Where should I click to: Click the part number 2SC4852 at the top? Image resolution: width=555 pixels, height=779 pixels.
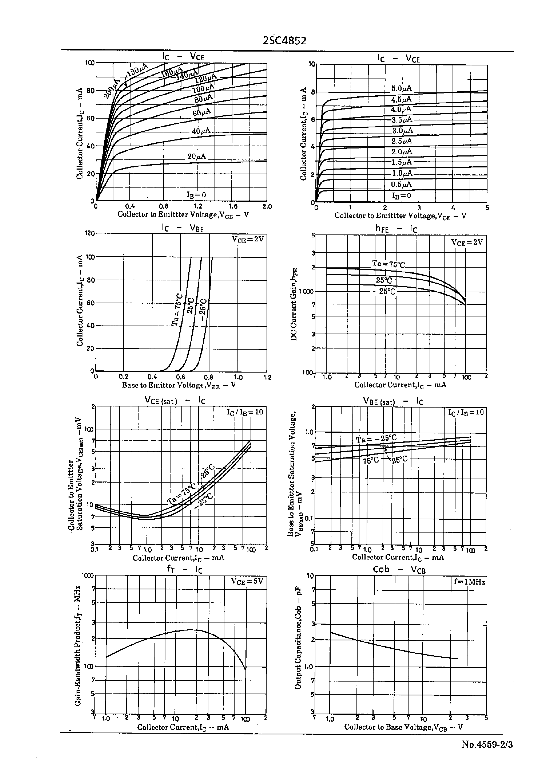pos(284,41)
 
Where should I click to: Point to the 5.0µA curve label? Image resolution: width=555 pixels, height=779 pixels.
pos(402,88)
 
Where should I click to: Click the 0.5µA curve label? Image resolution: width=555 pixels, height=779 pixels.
pos(402,184)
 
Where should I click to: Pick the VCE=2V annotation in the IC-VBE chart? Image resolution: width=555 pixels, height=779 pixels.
pos(248,239)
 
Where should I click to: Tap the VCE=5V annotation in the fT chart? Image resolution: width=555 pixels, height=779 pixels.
pos(247,581)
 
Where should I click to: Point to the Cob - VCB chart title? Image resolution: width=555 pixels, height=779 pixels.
pos(399,569)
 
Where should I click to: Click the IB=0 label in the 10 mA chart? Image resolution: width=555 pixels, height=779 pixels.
pos(402,195)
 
